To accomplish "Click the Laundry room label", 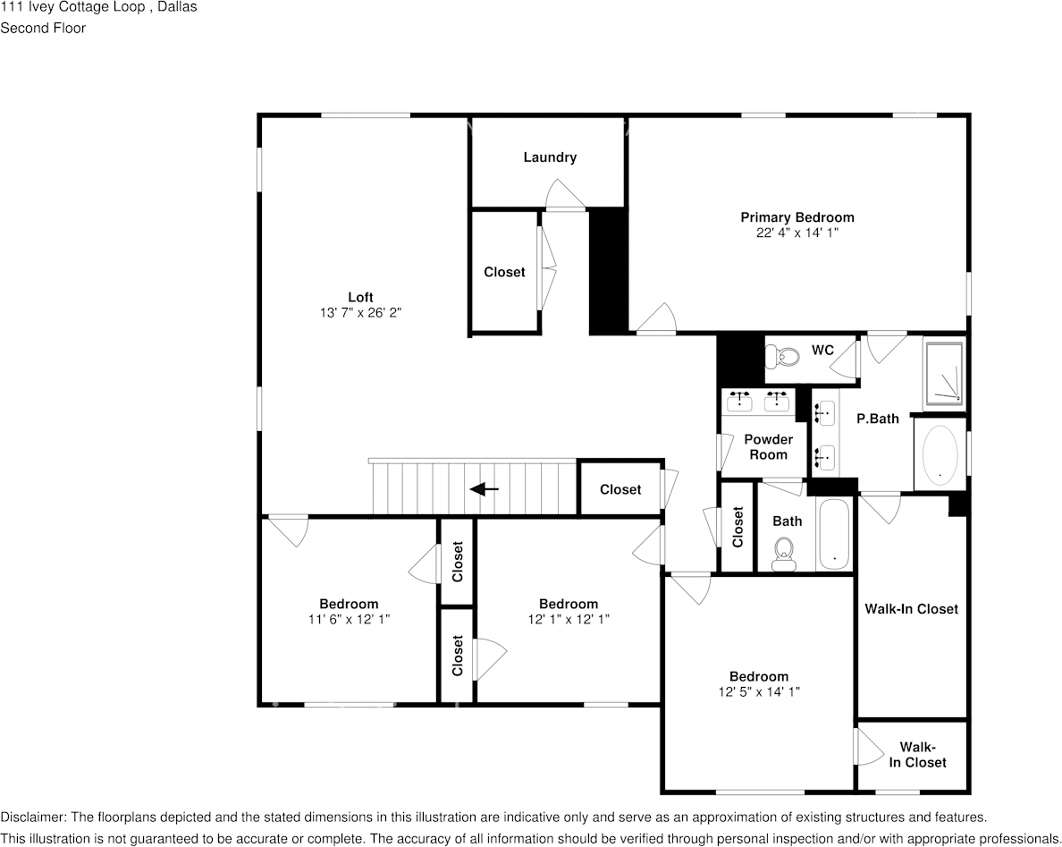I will click(550, 157).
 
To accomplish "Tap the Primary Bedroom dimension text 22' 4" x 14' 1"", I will click(796, 233).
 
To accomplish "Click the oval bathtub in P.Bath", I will click(940, 454).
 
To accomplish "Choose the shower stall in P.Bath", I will click(944, 373).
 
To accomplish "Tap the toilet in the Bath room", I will click(785, 553).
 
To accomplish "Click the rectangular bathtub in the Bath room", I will click(835, 534).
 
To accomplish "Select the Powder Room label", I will click(768, 447).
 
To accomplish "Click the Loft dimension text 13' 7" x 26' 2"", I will click(360, 313).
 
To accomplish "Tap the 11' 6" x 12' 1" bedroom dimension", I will click(349, 619).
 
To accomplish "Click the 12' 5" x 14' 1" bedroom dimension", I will click(758, 691).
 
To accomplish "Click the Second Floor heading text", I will click(43, 28).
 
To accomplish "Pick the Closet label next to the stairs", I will click(620, 489).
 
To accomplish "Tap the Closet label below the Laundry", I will click(504, 272).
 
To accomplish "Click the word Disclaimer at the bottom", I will click(32, 817).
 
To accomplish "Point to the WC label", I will click(822, 350).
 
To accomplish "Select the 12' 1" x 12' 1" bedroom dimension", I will click(568, 619).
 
